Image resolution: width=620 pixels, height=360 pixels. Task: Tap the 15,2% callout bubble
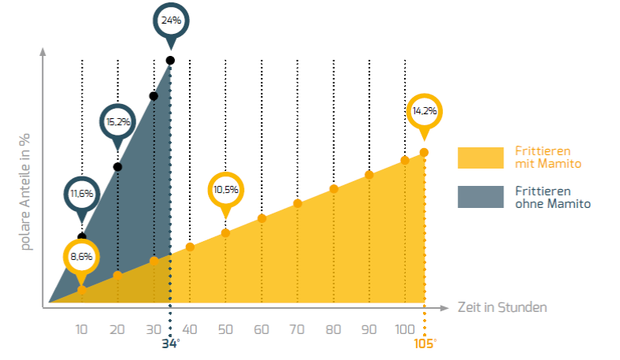[x=118, y=121]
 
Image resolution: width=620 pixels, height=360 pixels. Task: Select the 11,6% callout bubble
[x=82, y=193]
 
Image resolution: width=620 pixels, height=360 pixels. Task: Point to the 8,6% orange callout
[x=82, y=256]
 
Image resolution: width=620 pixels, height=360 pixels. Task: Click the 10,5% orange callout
[x=225, y=190]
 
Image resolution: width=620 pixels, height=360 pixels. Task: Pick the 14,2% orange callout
[x=425, y=111]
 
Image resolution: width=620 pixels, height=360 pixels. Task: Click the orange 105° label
[x=425, y=343]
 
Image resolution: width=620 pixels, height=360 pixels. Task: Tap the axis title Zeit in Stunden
[x=502, y=306]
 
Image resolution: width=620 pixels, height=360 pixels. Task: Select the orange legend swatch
[x=480, y=158]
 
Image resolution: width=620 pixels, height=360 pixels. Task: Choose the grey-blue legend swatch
[x=480, y=197]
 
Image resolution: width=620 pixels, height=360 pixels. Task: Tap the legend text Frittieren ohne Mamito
[x=552, y=197]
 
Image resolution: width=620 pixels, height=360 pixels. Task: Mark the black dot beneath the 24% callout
[x=170, y=61]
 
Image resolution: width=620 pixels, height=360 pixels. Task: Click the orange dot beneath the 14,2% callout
[x=424, y=152]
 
